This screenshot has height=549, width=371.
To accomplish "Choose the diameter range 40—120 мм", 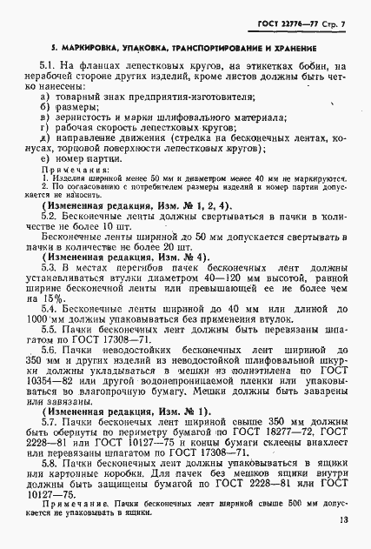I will point(230,281).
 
